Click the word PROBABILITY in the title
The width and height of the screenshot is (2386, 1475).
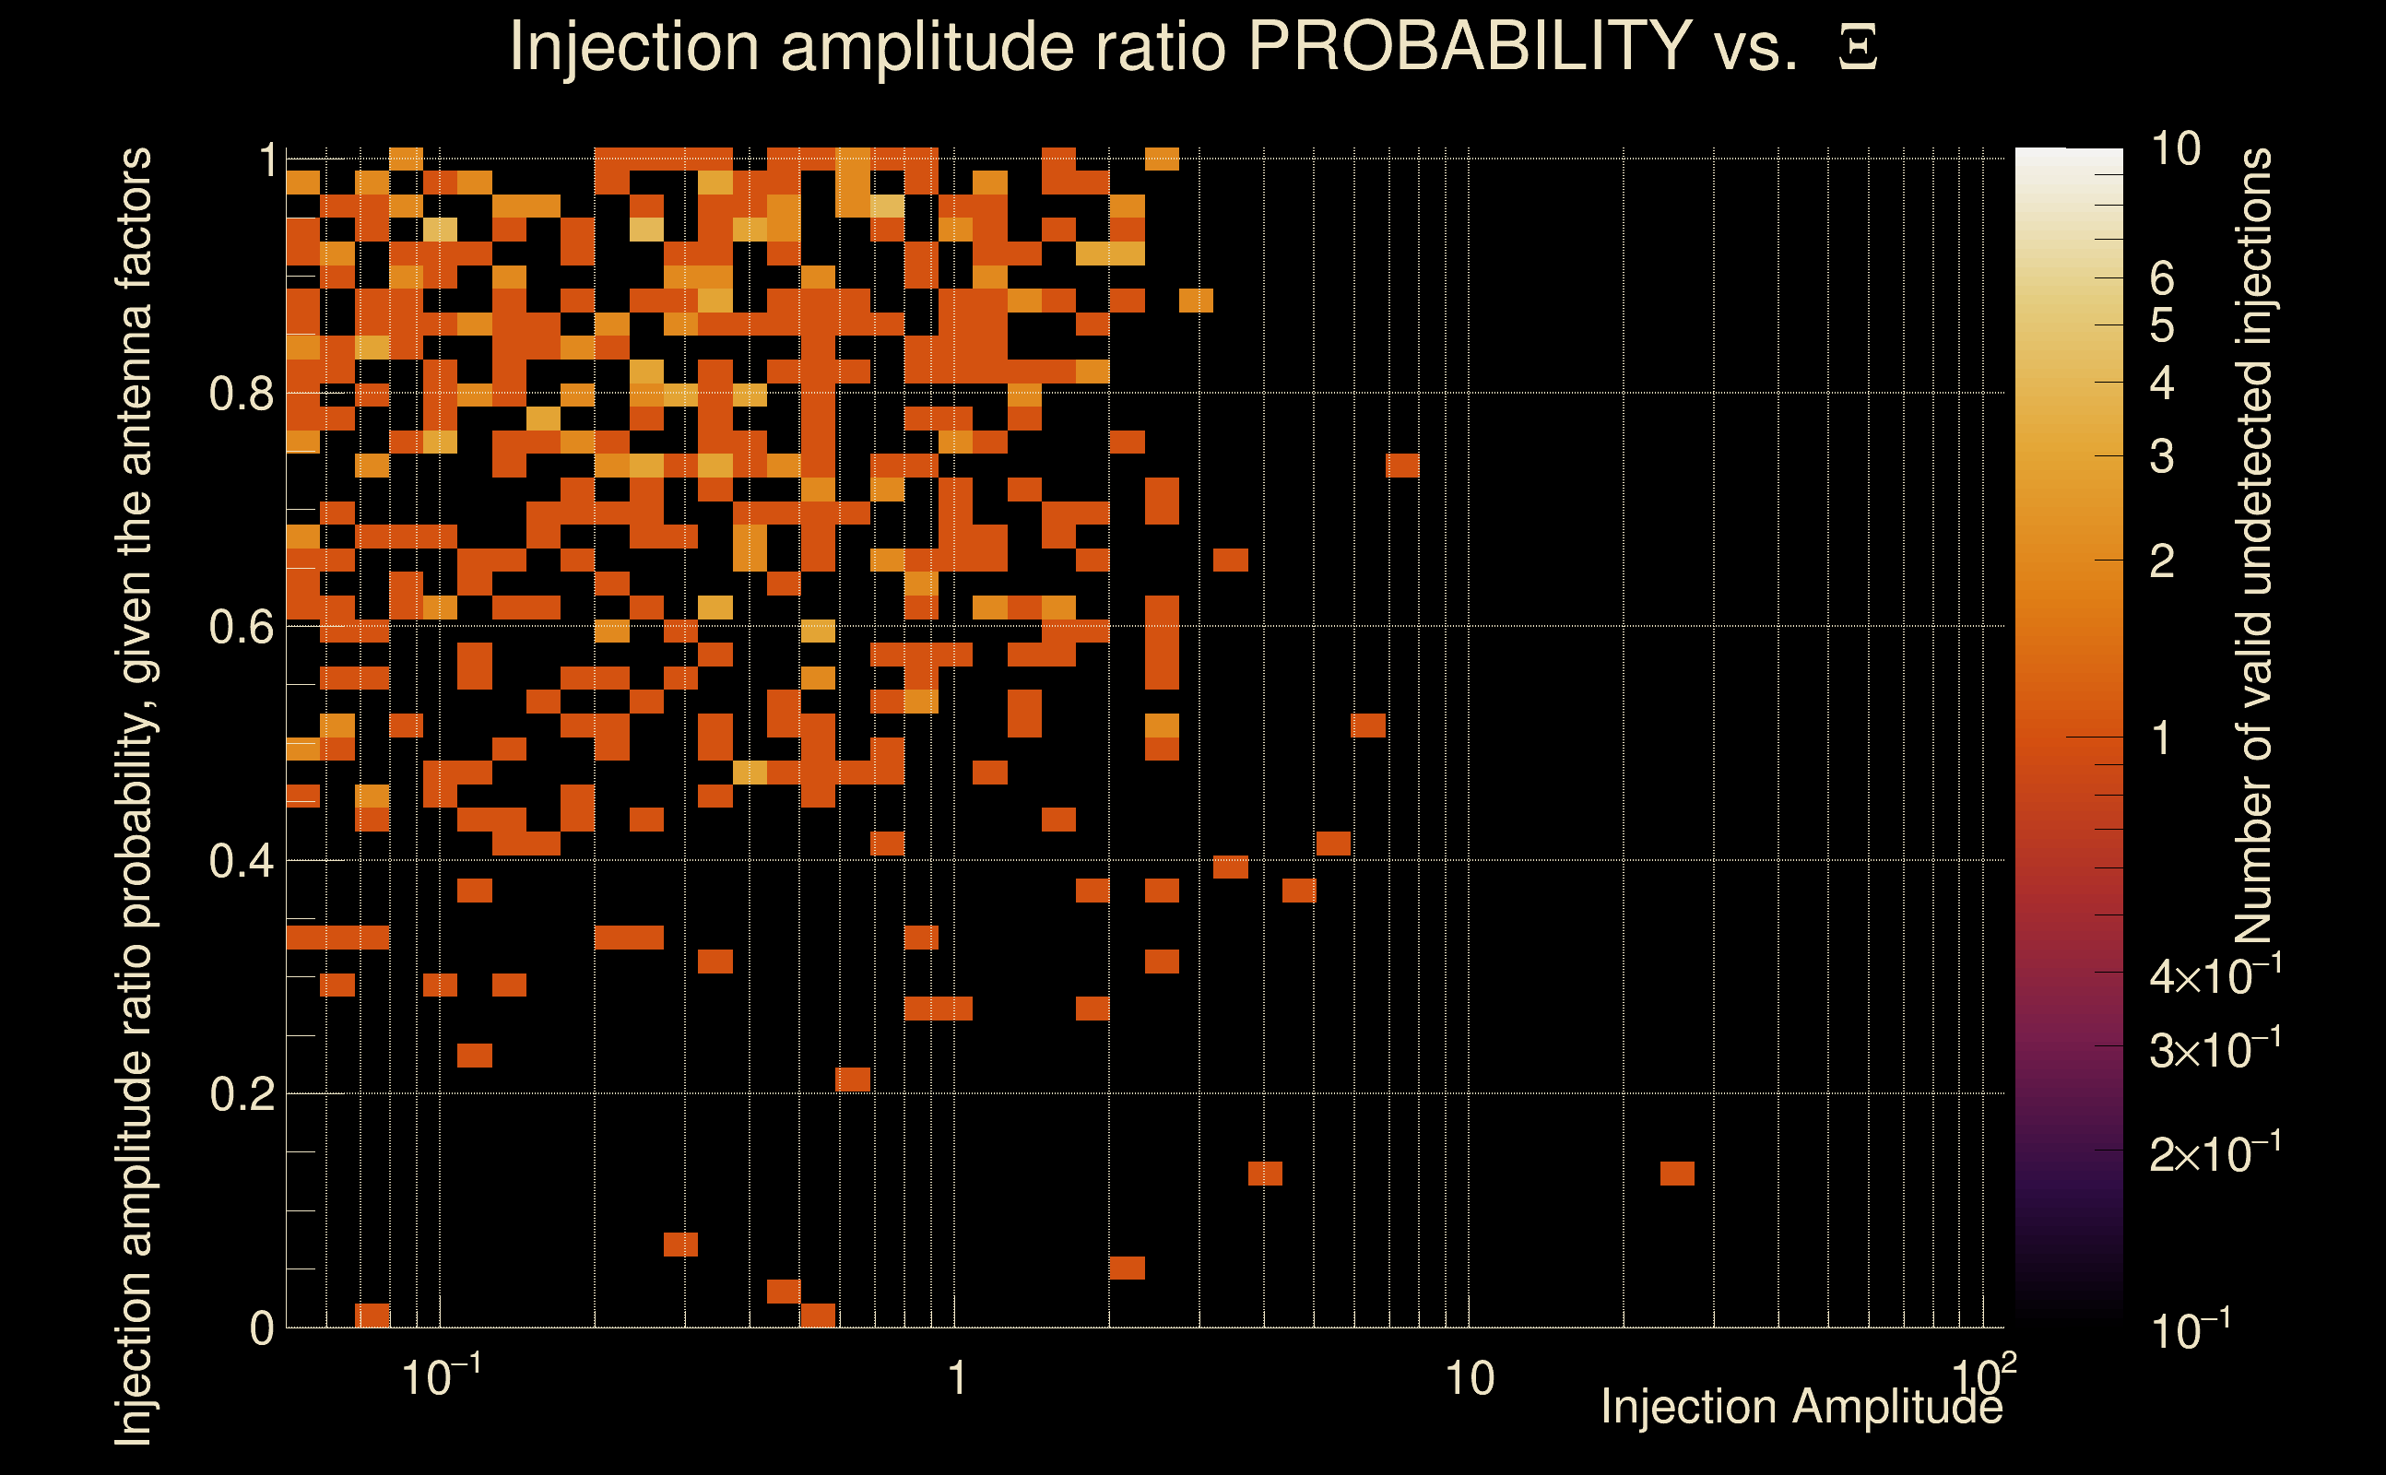click(x=1469, y=46)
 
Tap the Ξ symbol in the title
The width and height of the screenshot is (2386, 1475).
click(x=1858, y=48)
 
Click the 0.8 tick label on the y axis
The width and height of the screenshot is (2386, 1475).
click(x=241, y=395)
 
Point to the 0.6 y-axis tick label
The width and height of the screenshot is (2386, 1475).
click(x=241, y=627)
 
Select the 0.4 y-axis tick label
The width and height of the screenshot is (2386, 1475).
click(x=241, y=861)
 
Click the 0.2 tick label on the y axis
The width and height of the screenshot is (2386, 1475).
click(x=241, y=1094)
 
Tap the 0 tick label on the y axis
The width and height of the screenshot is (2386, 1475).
click(x=262, y=1328)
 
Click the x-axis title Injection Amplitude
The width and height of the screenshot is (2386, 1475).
click(x=1801, y=1407)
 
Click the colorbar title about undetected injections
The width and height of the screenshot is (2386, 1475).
click(x=2253, y=547)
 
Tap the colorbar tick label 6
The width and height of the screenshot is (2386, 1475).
click(x=2162, y=279)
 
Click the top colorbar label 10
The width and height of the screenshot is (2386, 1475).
click(x=2175, y=149)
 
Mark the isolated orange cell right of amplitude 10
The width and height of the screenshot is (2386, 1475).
click(x=1677, y=1173)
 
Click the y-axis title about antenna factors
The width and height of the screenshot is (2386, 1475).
click(x=134, y=795)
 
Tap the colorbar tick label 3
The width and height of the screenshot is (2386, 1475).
click(x=2162, y=456)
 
